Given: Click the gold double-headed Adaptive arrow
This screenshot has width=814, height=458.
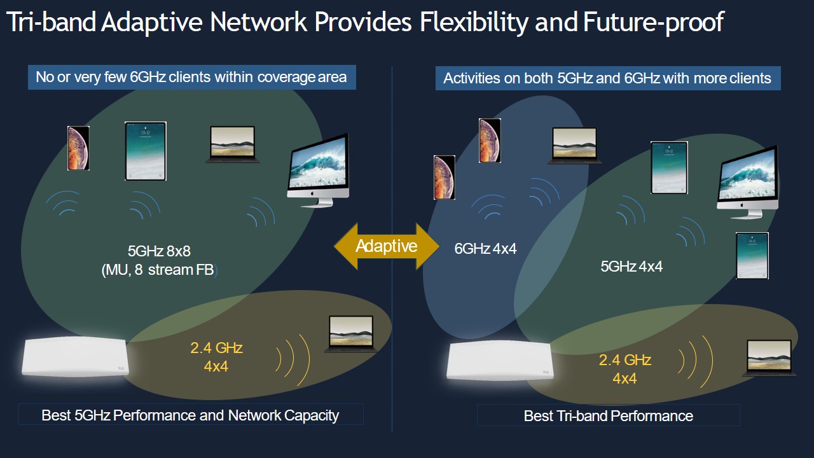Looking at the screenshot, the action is [x=387, y=246].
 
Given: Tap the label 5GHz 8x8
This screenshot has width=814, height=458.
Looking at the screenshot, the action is [x=159, y=251].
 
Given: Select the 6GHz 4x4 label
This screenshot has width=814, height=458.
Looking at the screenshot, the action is [x=485, y=249].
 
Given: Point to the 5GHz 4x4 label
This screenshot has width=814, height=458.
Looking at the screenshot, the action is [x=631, y=267].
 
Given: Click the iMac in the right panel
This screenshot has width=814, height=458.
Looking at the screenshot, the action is [x=748, y=183].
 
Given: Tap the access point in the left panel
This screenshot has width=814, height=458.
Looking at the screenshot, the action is [x=75, y=356].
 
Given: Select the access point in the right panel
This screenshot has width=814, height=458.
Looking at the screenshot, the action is [x=500, y=361].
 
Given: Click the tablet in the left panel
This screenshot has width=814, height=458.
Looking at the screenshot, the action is [x=146, y=151].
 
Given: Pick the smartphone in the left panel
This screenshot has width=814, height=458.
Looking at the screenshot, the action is [x=78, y=148].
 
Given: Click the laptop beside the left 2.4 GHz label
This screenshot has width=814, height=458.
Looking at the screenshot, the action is [x=350, y=334].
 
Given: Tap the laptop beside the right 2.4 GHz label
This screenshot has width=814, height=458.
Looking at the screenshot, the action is [x=769, y=358].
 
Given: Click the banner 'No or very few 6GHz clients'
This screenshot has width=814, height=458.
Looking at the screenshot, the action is [x=192, y=77].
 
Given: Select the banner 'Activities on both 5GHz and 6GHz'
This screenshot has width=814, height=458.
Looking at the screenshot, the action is [x=608, y=78].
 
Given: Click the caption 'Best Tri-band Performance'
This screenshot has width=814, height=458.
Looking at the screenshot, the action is [x=609, y=415].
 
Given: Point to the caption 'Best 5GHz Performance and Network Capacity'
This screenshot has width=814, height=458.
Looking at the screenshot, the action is [x=191, y=415].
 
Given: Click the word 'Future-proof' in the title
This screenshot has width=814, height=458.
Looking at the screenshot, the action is [x=654, y=22].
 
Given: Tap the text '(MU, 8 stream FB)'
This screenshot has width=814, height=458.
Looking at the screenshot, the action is [x=160, y=270].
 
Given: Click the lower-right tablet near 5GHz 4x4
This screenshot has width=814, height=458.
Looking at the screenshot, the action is [x=752, y=256].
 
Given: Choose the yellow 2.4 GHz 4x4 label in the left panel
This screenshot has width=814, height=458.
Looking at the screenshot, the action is [x=216, y=357].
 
